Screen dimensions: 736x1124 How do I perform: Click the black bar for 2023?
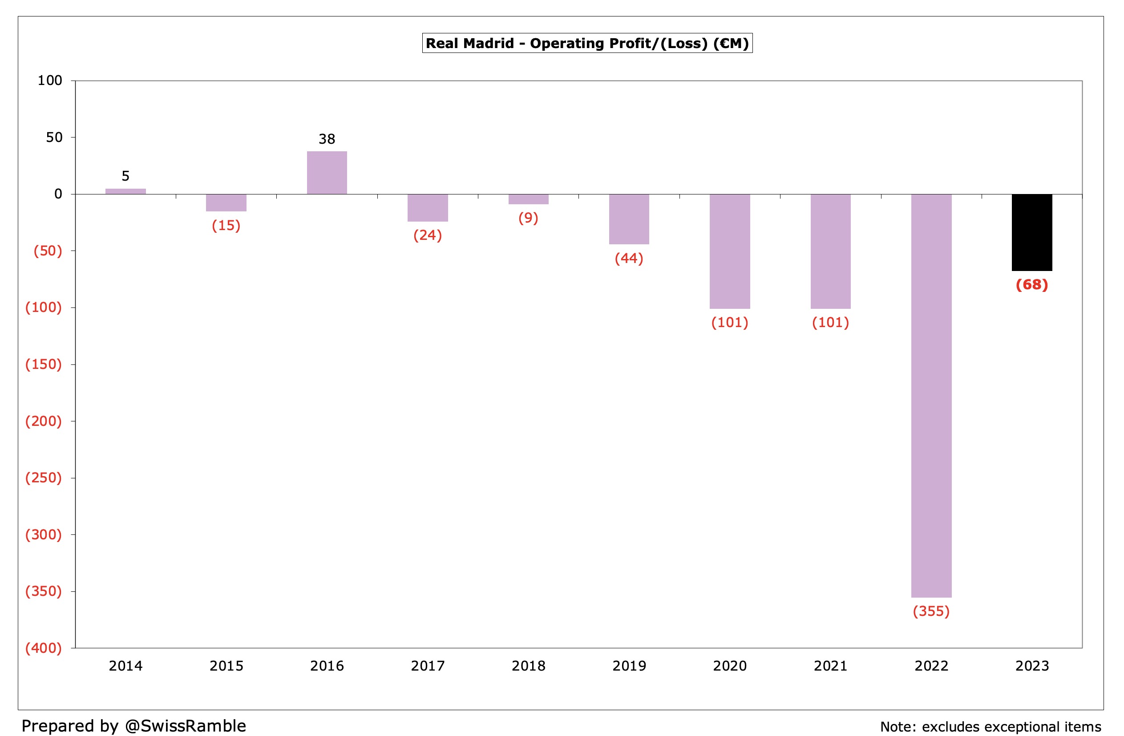click(x=1031, y=232)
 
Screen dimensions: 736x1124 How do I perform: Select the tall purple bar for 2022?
click(x=931, y=396)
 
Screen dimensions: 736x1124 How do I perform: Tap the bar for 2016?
click(x=327, y=173)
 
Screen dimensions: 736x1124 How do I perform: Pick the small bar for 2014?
click(x=125, y=191)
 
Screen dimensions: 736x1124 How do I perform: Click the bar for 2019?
click(x=629, y=219)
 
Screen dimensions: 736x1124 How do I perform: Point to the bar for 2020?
click(x=730, y=251)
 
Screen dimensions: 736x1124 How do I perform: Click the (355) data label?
click(x=931, y=611)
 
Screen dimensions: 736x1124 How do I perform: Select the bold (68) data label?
click(x=1031, y=285)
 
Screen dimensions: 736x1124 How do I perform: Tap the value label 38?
click(x=327, y=139)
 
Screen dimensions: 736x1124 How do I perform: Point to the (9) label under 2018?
click(x=528, y=218)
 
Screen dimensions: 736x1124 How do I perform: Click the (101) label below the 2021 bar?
click(x=830, y=323)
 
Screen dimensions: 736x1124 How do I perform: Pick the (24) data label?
click(x=428, y=235)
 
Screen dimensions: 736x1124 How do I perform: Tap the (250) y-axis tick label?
click(x=44, y=477)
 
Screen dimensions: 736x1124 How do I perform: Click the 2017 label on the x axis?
click(x=428, y=666)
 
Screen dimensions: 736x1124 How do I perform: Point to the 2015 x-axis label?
click(x=226, y=666)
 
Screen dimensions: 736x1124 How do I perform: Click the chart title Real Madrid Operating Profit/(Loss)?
click(x=587, y=44)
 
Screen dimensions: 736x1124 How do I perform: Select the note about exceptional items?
click(x=991, y=727)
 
